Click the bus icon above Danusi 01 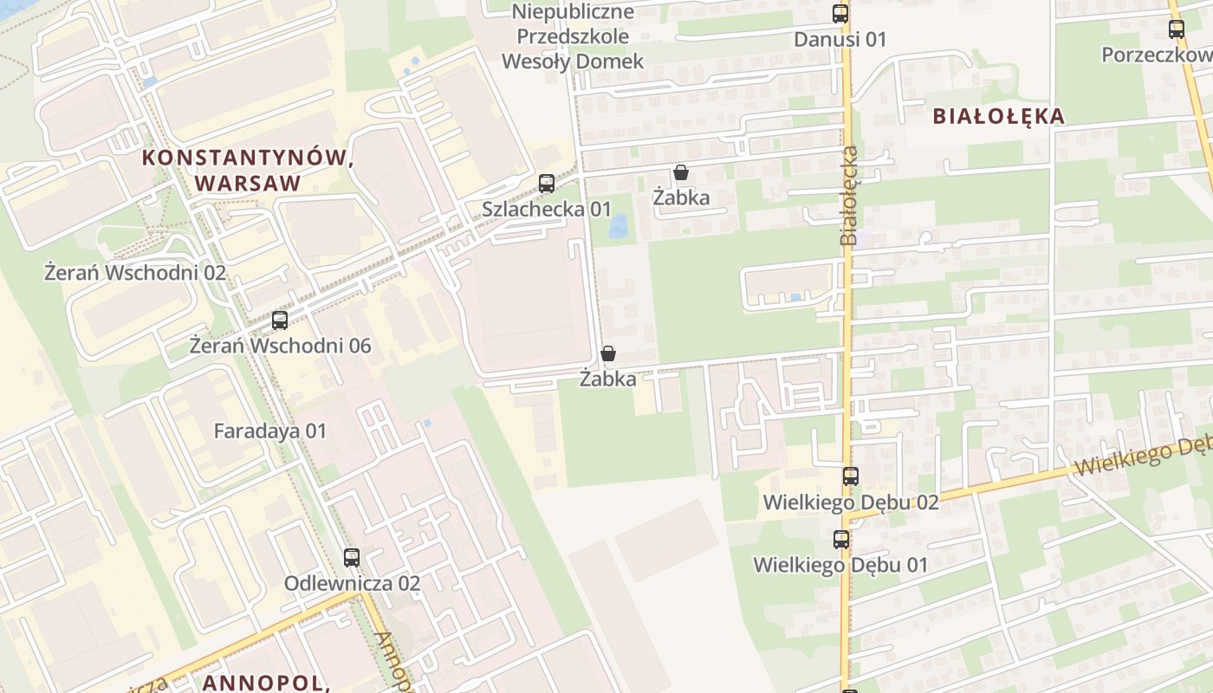840,14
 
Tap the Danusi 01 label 840,39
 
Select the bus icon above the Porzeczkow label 1176,29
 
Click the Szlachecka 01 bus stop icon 546,184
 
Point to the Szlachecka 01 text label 546,209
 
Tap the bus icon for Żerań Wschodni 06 279,321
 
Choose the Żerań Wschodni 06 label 280,346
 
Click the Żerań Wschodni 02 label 134,273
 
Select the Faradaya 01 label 269,431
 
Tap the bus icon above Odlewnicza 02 351,558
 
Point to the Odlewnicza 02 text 352,584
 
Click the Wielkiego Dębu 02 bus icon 850,476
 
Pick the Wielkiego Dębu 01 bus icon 840,540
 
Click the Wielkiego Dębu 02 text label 850,502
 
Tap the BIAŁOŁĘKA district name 998,116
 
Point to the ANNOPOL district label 266,683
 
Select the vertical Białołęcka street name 850,196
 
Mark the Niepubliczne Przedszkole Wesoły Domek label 574,36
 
